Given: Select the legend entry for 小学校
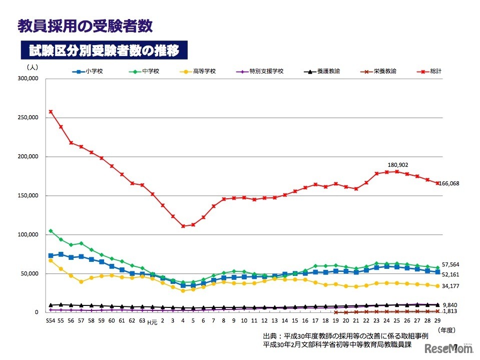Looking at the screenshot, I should click(x=88, y=72).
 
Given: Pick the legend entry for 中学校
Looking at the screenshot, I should click(x=145, y=72).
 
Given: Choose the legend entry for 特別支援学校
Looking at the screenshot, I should click(x=262, y=72).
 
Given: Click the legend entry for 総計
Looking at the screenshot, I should click(x=430, y=72).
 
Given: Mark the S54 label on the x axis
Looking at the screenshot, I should click(x=50, y=321).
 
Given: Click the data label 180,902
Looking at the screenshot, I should click(x=398, y=164).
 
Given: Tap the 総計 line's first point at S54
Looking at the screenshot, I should click(x=51, y=112).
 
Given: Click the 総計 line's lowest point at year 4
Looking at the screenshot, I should click(x=183, y=226).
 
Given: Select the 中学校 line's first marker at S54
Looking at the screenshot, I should click(x=51, y=231).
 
